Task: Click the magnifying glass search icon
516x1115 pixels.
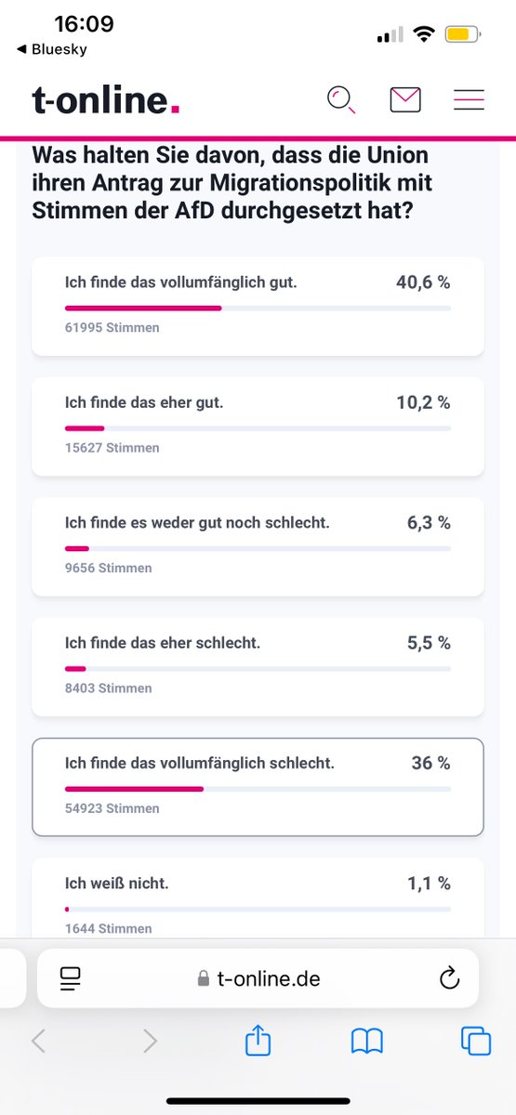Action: tap(341, 99)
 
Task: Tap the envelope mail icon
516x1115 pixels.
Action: tap(405, 99)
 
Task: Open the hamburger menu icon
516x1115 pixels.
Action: tap(469, 99)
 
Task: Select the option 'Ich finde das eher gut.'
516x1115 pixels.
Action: tap(144, 402)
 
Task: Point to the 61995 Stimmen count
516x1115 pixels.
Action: tap(112, 327)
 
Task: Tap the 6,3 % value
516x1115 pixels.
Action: tap(429, 523)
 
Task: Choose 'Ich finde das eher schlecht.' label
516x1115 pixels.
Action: tap(163, 643)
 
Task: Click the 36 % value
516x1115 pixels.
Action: tap(430, 763)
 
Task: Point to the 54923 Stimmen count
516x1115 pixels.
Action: tap(112, 808)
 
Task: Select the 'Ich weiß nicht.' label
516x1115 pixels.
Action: tap(117, 884)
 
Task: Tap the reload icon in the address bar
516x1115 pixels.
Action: tap(449, 977)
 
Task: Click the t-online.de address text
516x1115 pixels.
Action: tap(268, 978)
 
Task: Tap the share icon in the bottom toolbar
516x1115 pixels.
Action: tap(258, 1041)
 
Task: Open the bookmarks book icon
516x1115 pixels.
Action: tap(367, 1042)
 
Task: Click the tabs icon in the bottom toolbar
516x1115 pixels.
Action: tap(475, 1042)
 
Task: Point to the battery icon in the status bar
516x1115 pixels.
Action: tap(462, 35)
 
